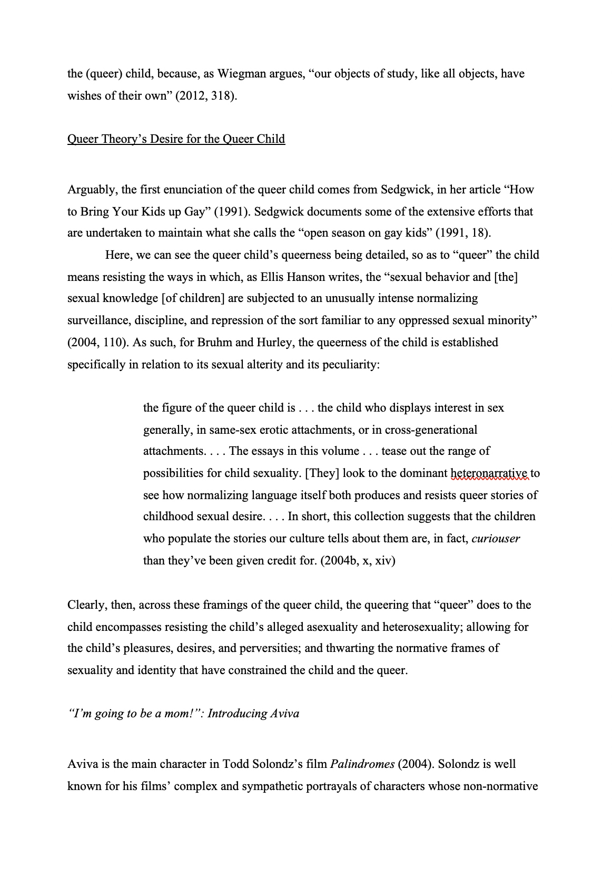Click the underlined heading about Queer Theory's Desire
pos(176,139)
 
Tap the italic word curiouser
pos(496,539)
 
